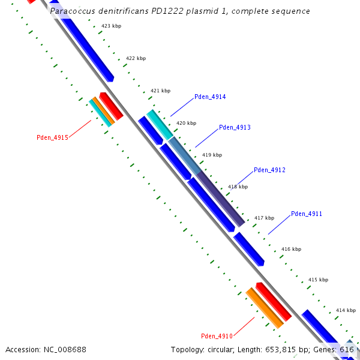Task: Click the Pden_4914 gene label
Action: [x=210, y=97]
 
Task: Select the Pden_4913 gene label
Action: [x=235, y=127]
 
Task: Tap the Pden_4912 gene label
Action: [x=269, y=170]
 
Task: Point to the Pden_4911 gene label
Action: [x=307, y=214]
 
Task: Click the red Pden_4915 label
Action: [x=52, y=137]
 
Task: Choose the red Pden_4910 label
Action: [x=217, y=336]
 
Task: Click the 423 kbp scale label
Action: [x=111, y=26]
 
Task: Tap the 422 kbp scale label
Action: [x=136, y=58]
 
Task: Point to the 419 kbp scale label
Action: [x=212, y=155]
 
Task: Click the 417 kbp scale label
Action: [x=264, y=218]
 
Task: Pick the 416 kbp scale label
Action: [x=291, y=249]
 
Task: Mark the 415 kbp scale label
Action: [x=318, y=280]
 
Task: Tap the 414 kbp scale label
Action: [x=346, y=310]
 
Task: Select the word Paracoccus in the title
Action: [x=71, y=11]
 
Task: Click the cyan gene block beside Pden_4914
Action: [x=160, y=125]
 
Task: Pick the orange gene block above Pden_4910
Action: [x=264, y=308]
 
